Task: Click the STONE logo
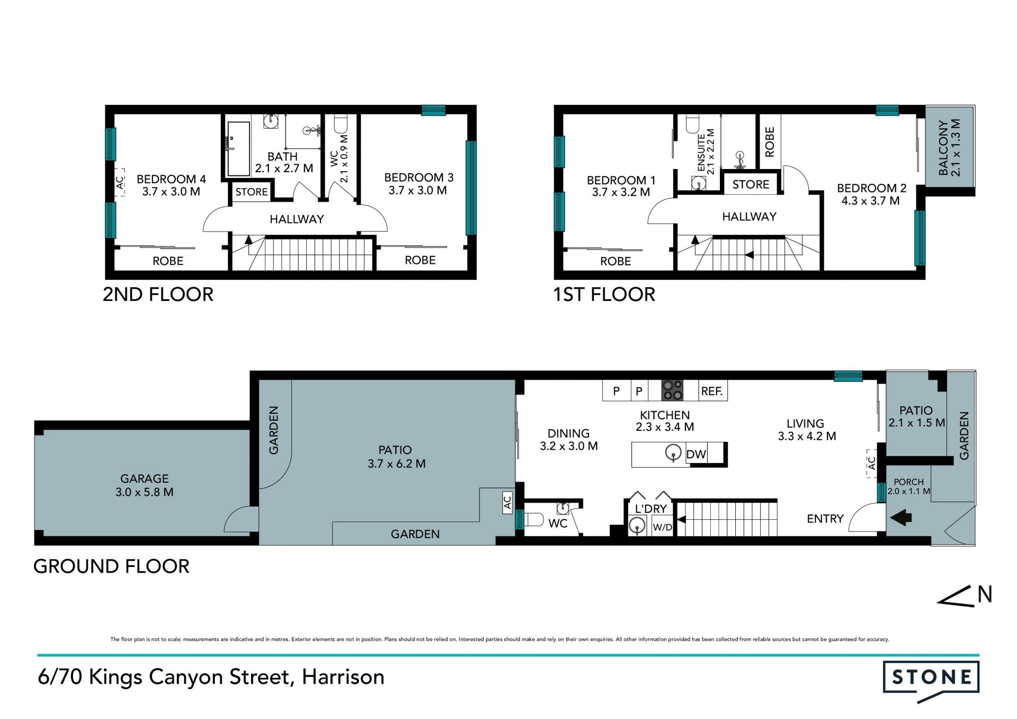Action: [931, 680]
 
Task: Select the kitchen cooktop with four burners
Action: [672, 390]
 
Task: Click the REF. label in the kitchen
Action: [712, 392]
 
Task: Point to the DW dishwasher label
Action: [696, 454]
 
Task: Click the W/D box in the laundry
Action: [662, 527]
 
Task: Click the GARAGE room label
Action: [144, 478]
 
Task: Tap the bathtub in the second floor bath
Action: [238, 149]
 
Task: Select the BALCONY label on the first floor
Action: [943, 148]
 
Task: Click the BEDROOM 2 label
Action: [871, 188]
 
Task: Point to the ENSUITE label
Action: [701, 153]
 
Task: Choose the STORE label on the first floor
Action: [751, 184]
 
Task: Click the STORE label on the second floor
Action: [252, 192]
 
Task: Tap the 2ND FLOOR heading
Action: [158, 295]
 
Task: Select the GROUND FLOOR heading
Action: [111, 566]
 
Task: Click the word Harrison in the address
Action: [343, 677]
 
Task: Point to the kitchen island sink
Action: [673, 453]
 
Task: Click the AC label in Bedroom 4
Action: [120, 182]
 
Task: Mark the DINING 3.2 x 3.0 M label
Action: [569, 440]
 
